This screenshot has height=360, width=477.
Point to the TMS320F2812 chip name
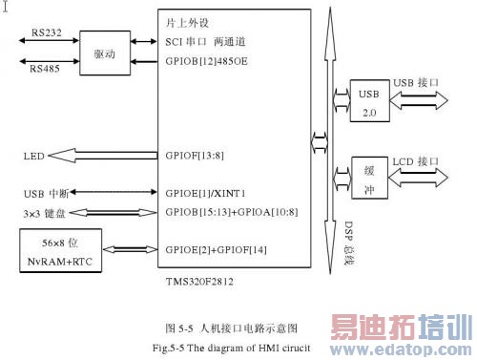point(200,284)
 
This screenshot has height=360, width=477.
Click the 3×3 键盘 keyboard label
point(46,211)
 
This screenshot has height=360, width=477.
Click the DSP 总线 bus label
point(323,232)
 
